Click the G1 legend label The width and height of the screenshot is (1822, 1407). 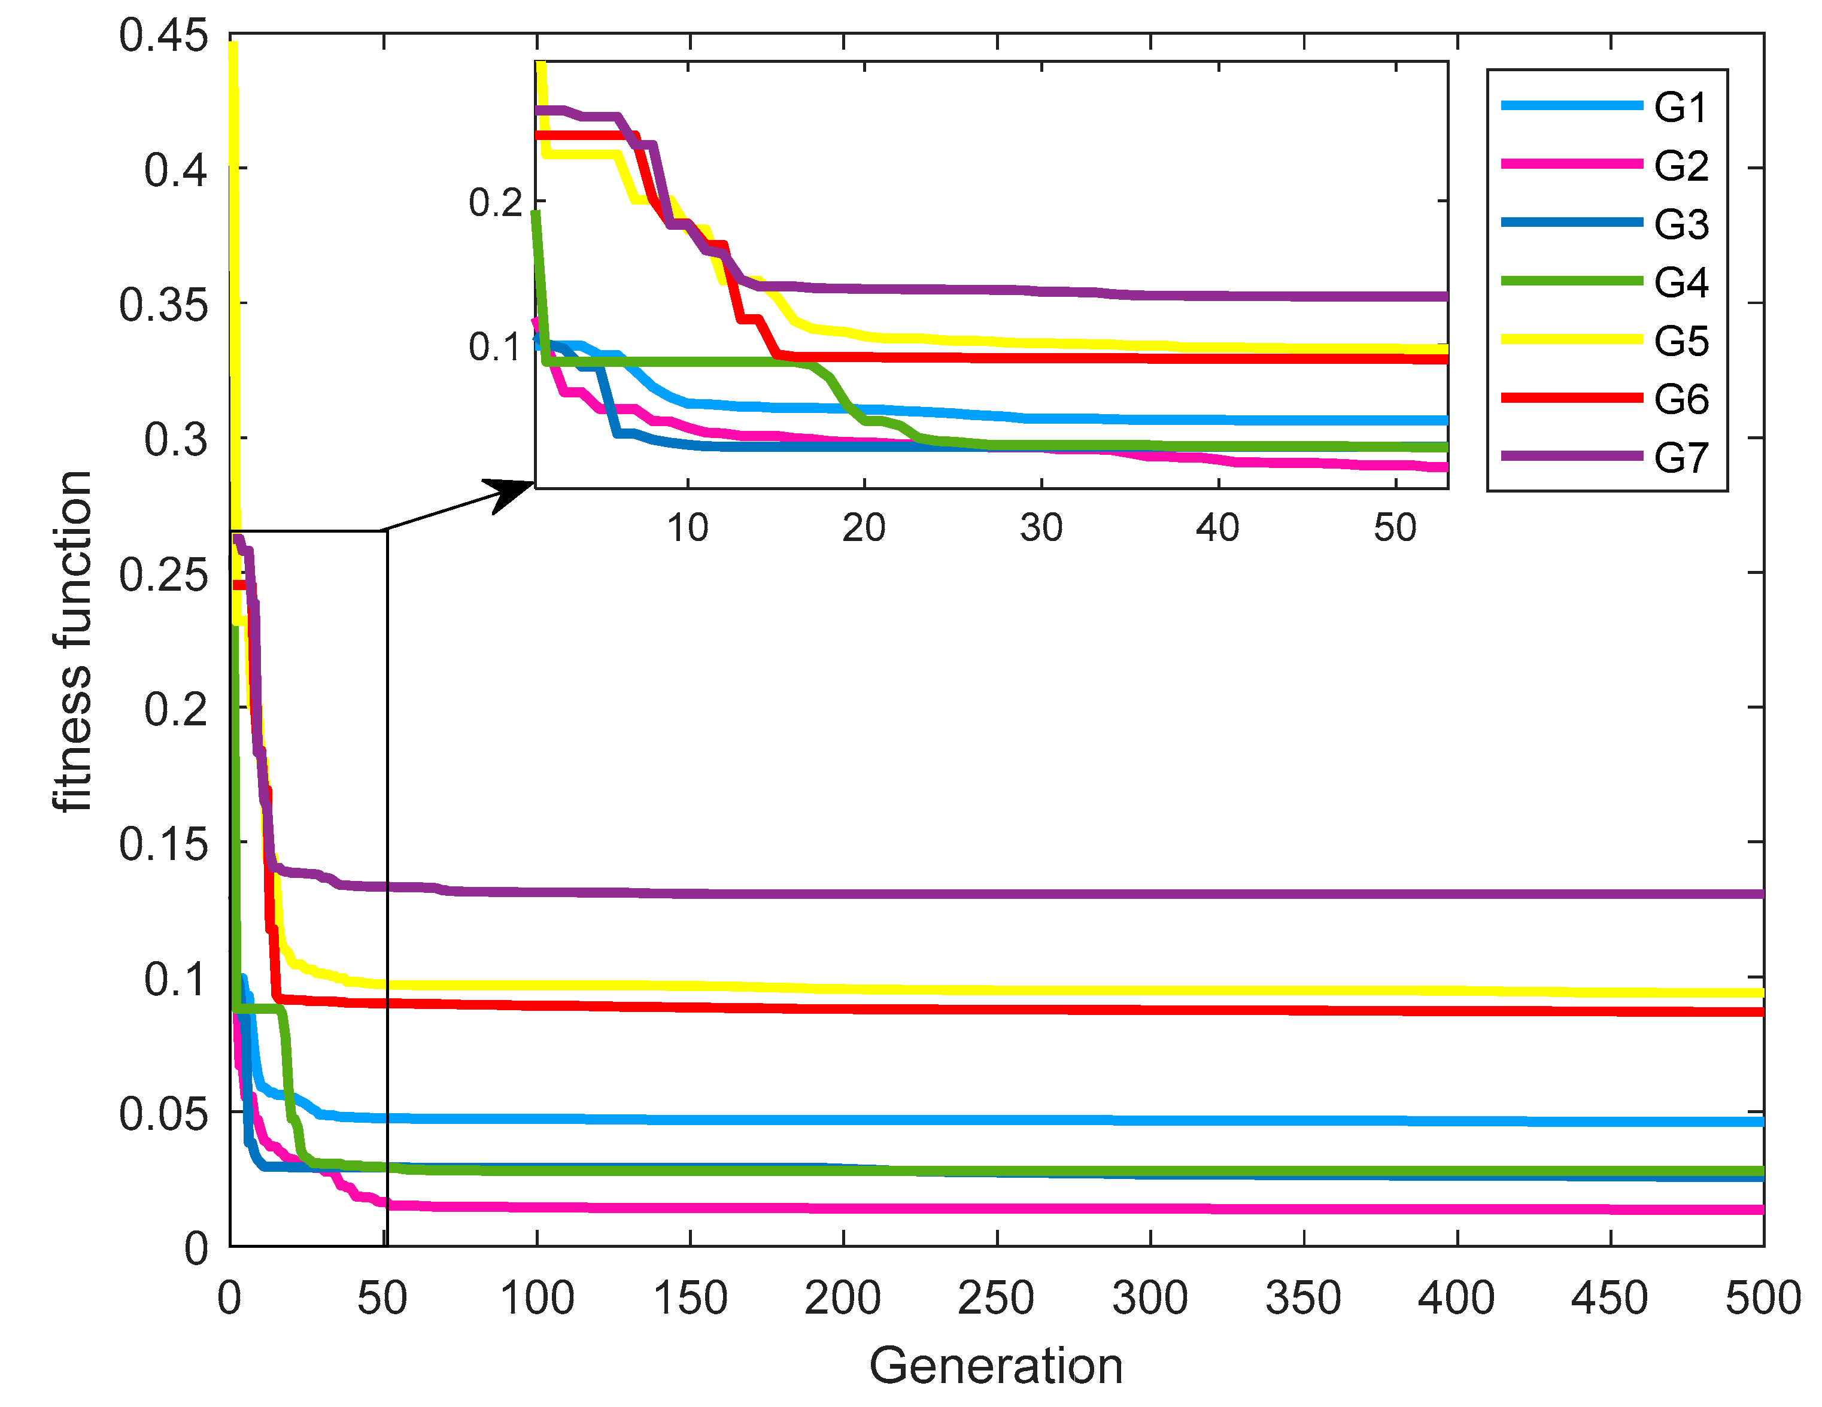[x=1681, y=108]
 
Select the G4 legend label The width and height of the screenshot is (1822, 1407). [x=1681, y=282]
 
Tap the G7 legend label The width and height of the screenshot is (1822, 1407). [x=1681, y=458]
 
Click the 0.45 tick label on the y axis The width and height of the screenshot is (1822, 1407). [x=163, y=37]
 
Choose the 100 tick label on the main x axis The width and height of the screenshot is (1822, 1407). [x=536, y=1299]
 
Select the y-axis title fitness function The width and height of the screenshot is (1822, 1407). [x=72, y=640]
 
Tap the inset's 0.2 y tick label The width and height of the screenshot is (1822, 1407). [x=495, y=203]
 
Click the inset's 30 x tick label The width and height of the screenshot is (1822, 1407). [x=1041, y=528]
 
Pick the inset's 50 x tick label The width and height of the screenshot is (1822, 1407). [x=1395, y=528]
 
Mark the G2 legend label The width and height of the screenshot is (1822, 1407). [x=1681, y=166]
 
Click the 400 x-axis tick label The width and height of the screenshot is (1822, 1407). [x=1457, y=1299]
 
